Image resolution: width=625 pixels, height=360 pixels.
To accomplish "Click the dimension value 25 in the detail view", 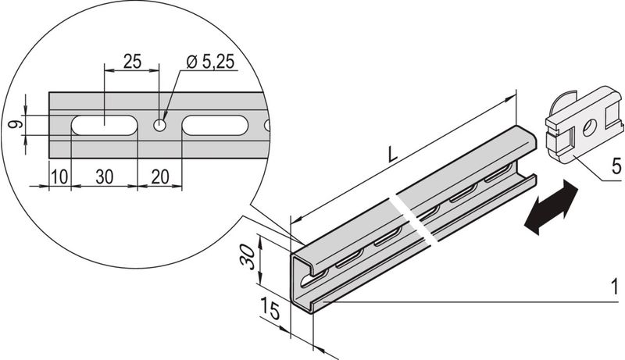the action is (x=132, y=62).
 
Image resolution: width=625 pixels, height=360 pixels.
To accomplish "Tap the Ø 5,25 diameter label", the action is (x=210, y=62).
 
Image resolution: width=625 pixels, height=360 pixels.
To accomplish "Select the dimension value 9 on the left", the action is (x=16, y=125).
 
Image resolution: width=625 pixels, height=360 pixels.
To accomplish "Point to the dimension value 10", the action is (x=60, y=176).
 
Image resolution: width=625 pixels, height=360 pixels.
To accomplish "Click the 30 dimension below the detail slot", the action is (x=105, y=176).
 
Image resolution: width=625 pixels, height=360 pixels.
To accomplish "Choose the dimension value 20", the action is (x=160, y=176).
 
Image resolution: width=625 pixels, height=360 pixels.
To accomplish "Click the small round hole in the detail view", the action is (x=160, y=126).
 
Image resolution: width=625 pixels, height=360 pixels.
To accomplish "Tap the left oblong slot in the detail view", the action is (x=105, y=126).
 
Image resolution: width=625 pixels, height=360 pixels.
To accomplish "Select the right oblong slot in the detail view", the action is (x=216, y=126).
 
